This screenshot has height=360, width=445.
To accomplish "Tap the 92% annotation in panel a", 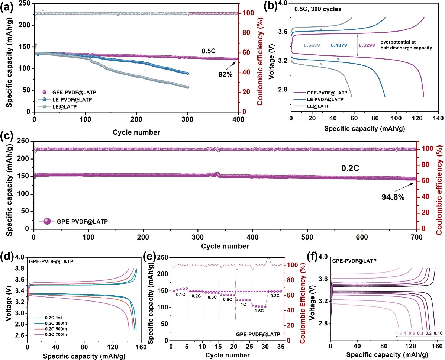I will pyautogui.click(x=226, y=74).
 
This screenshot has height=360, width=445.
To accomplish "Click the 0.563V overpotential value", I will pyautogui.click(x=311, y=45).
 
